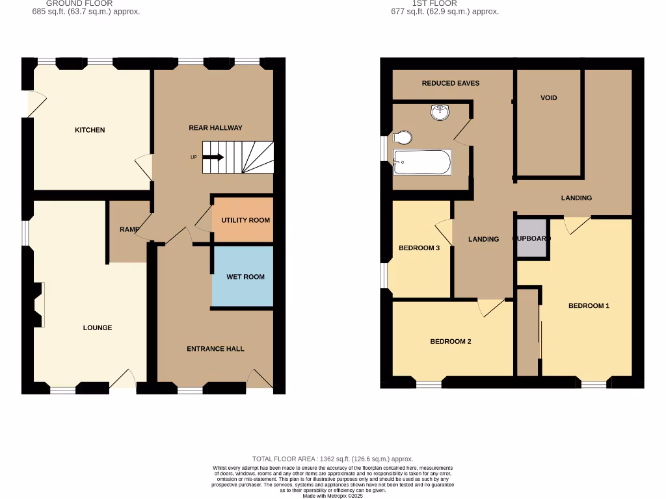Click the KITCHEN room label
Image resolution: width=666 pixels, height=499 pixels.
(90, 130)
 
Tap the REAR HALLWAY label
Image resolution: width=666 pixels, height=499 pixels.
(215, 128)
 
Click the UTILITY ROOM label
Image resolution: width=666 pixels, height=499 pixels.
(245, 220)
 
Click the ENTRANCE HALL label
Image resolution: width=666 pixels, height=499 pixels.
(215, 349)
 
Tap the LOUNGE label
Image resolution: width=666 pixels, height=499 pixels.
(98, 327)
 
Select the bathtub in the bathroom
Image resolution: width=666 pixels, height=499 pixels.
(422, 162)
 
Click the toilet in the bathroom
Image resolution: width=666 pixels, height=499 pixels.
(403, 138)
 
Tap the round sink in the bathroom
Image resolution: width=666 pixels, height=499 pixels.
(440, 113)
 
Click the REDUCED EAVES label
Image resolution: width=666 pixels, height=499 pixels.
(451, 83)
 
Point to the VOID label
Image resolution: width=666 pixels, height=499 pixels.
(549, 98)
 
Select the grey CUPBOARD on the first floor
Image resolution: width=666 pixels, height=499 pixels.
(532, 239)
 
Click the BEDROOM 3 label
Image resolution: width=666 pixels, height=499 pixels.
(420, 248)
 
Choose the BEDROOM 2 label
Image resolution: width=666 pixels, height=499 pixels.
(451, 342)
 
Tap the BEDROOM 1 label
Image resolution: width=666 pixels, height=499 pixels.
(589, 306)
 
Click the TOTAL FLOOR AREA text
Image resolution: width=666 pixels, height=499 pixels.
(332, 459)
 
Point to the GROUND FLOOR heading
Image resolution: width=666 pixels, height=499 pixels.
(79, 3)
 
